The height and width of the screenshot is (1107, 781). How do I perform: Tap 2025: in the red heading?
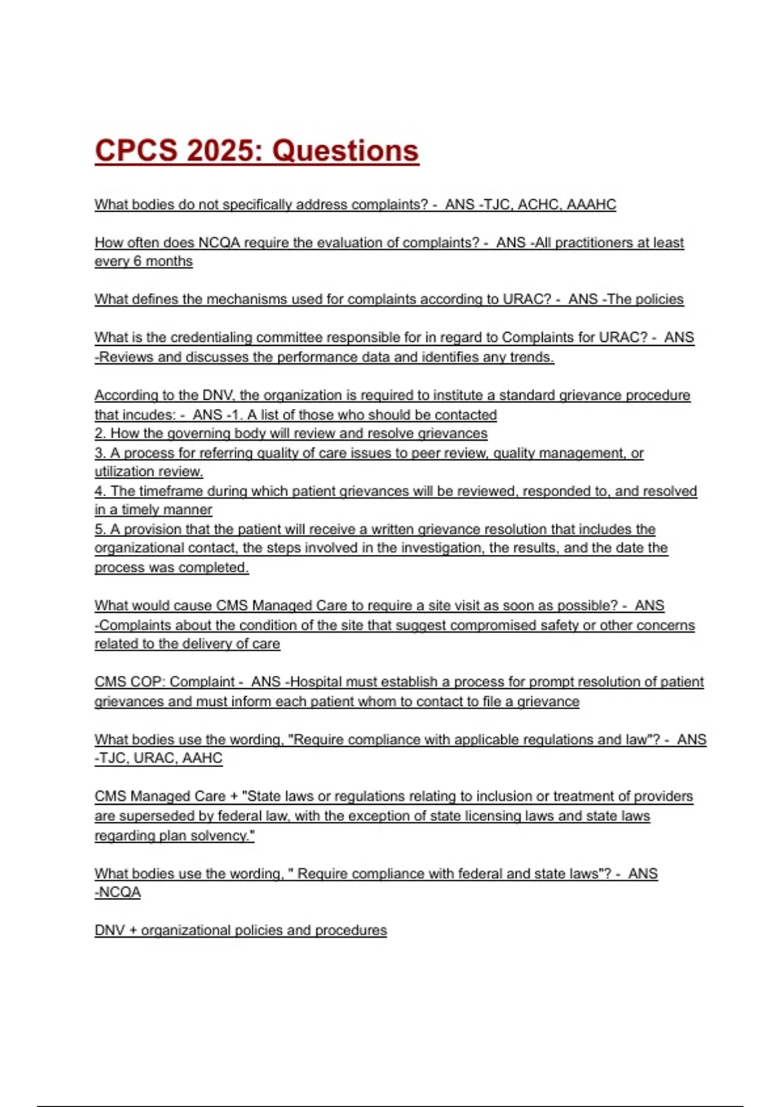[224, 151]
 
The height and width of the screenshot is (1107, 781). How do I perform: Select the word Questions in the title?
[345, 151]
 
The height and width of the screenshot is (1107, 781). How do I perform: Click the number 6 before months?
[137, 261]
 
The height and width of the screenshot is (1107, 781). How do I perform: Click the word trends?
[533, 357]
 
